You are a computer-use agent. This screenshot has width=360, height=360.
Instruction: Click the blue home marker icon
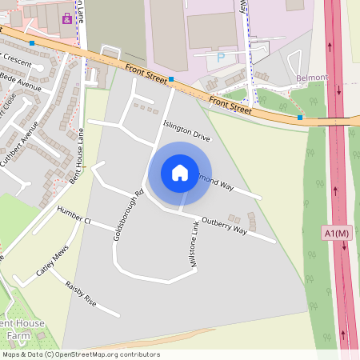point(180,173)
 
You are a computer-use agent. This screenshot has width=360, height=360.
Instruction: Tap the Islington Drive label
point(186,130)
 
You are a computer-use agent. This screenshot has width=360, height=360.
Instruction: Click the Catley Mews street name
point(50,262)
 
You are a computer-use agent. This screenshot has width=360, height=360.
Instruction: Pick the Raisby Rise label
point(81,294)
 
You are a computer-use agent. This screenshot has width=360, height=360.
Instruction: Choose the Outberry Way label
point(224,225)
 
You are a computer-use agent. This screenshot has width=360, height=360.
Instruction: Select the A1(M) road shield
point(338,233)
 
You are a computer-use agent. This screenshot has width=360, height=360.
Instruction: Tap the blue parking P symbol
point(221,58)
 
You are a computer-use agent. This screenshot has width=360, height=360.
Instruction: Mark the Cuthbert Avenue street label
point(30,141)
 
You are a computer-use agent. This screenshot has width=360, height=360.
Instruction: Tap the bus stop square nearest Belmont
point(300,118)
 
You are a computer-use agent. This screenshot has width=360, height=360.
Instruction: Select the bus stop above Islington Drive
point(171,79)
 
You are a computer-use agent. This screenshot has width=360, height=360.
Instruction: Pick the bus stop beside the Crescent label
point(31,42)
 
